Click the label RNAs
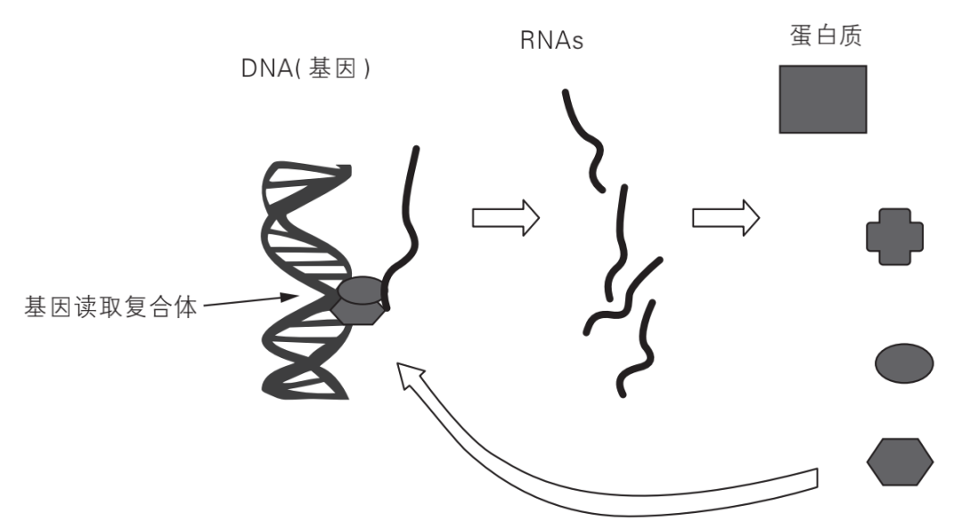(551, 40)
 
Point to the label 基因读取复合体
(109, 308)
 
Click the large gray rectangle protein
(822, 99)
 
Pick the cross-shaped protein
(894, 236)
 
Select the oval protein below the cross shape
(904, 362)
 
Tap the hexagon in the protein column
(900, 461)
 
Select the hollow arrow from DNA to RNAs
(505, 216)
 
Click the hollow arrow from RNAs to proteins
(724, 216)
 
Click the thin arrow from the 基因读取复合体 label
(244, 304)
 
